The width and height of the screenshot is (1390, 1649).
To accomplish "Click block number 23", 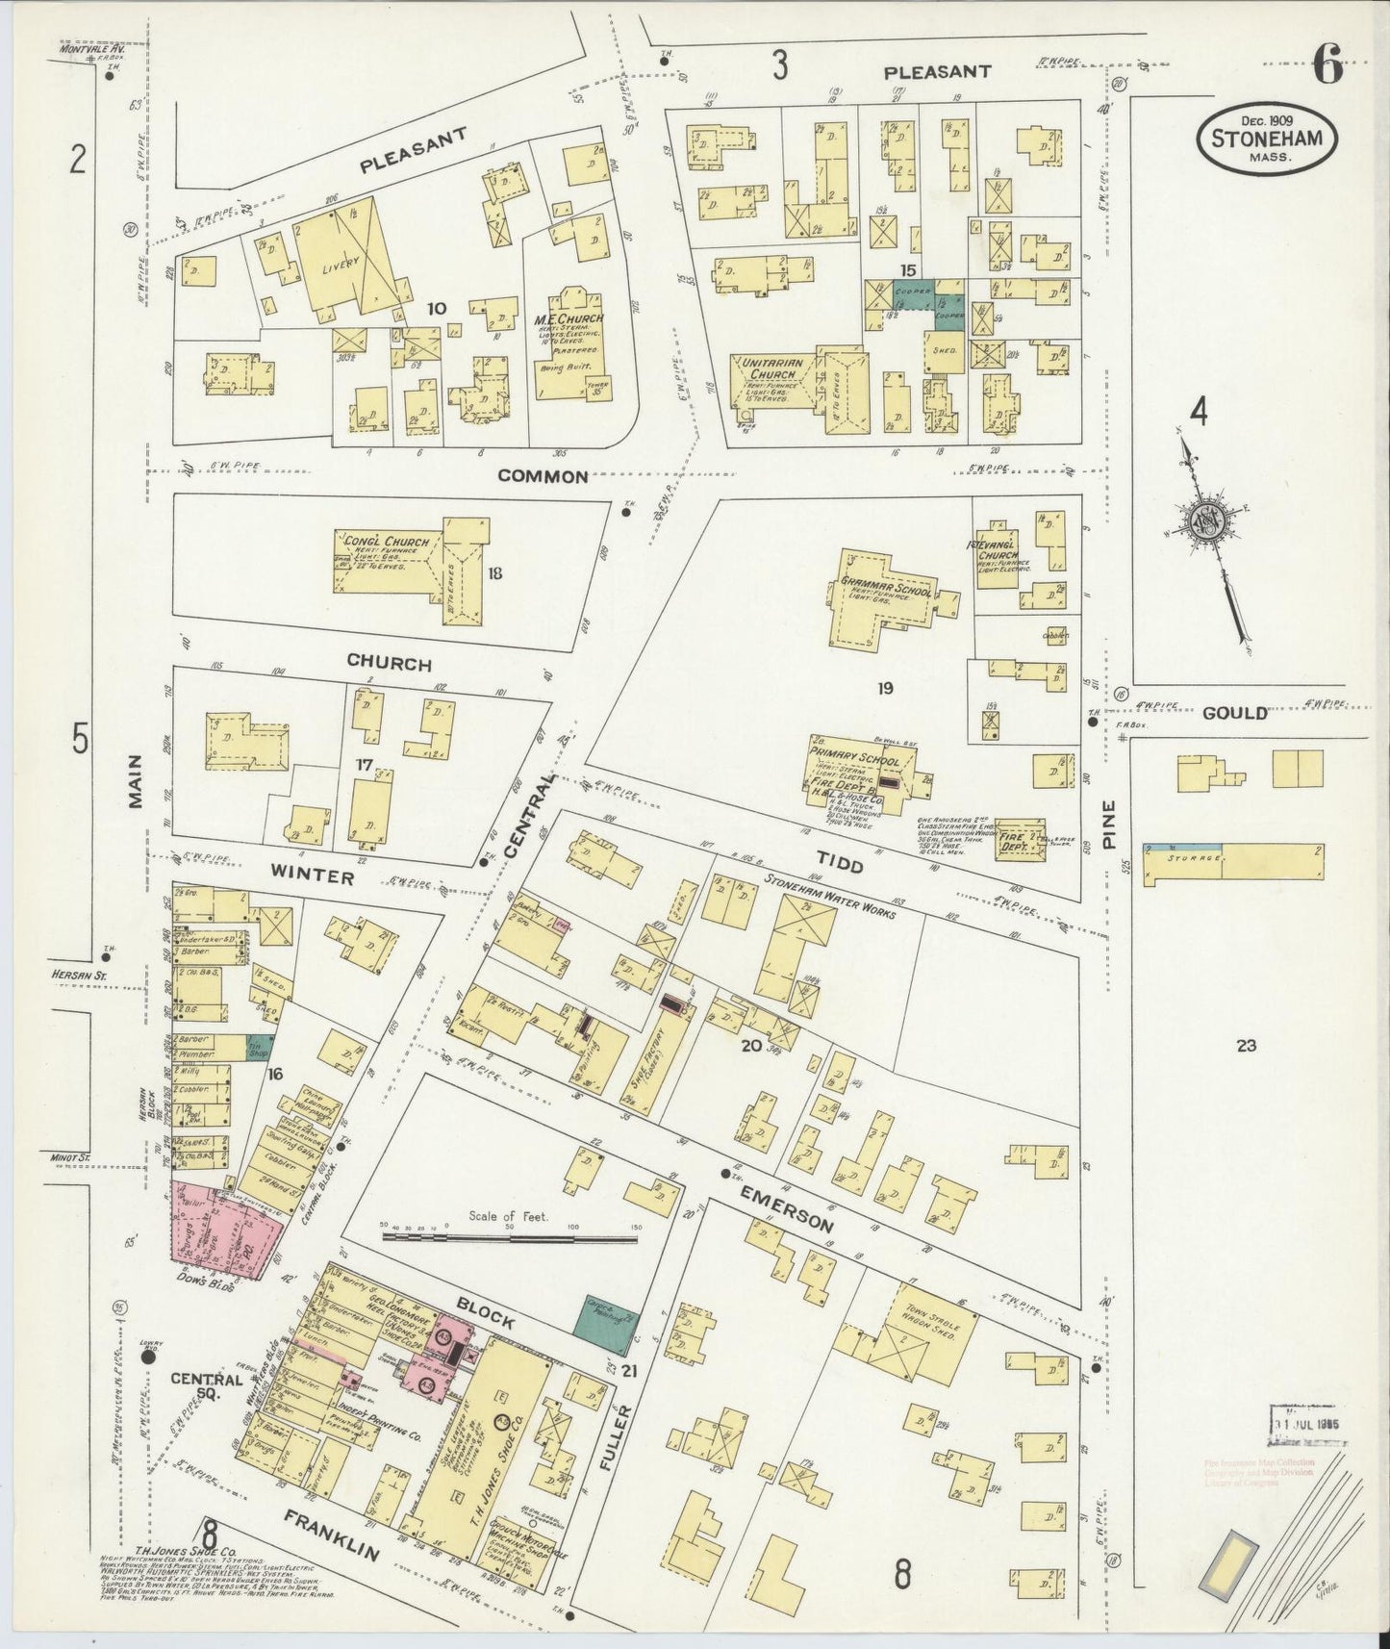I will tap(1247, 1046).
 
